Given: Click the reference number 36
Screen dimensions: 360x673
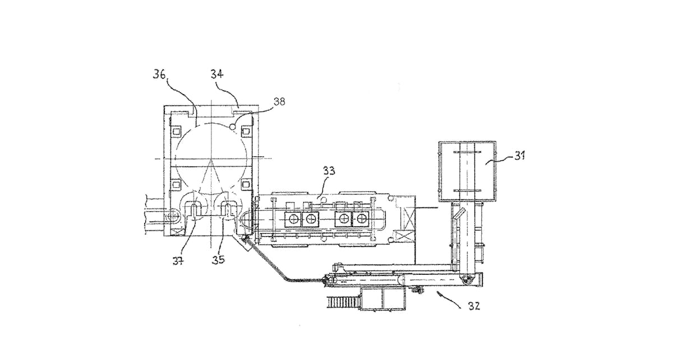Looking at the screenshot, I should coord(159,75).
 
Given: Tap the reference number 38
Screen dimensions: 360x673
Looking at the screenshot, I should coord(279,101).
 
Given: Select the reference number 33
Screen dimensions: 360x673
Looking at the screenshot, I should coord(329,171).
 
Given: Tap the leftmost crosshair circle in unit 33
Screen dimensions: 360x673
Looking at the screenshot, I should coord(293,219).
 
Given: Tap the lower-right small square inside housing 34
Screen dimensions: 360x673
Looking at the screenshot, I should coord(246,183).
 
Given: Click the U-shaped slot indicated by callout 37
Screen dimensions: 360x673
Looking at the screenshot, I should coord(192,212).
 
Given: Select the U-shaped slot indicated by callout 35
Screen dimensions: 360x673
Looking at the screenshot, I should coord(230,212).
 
